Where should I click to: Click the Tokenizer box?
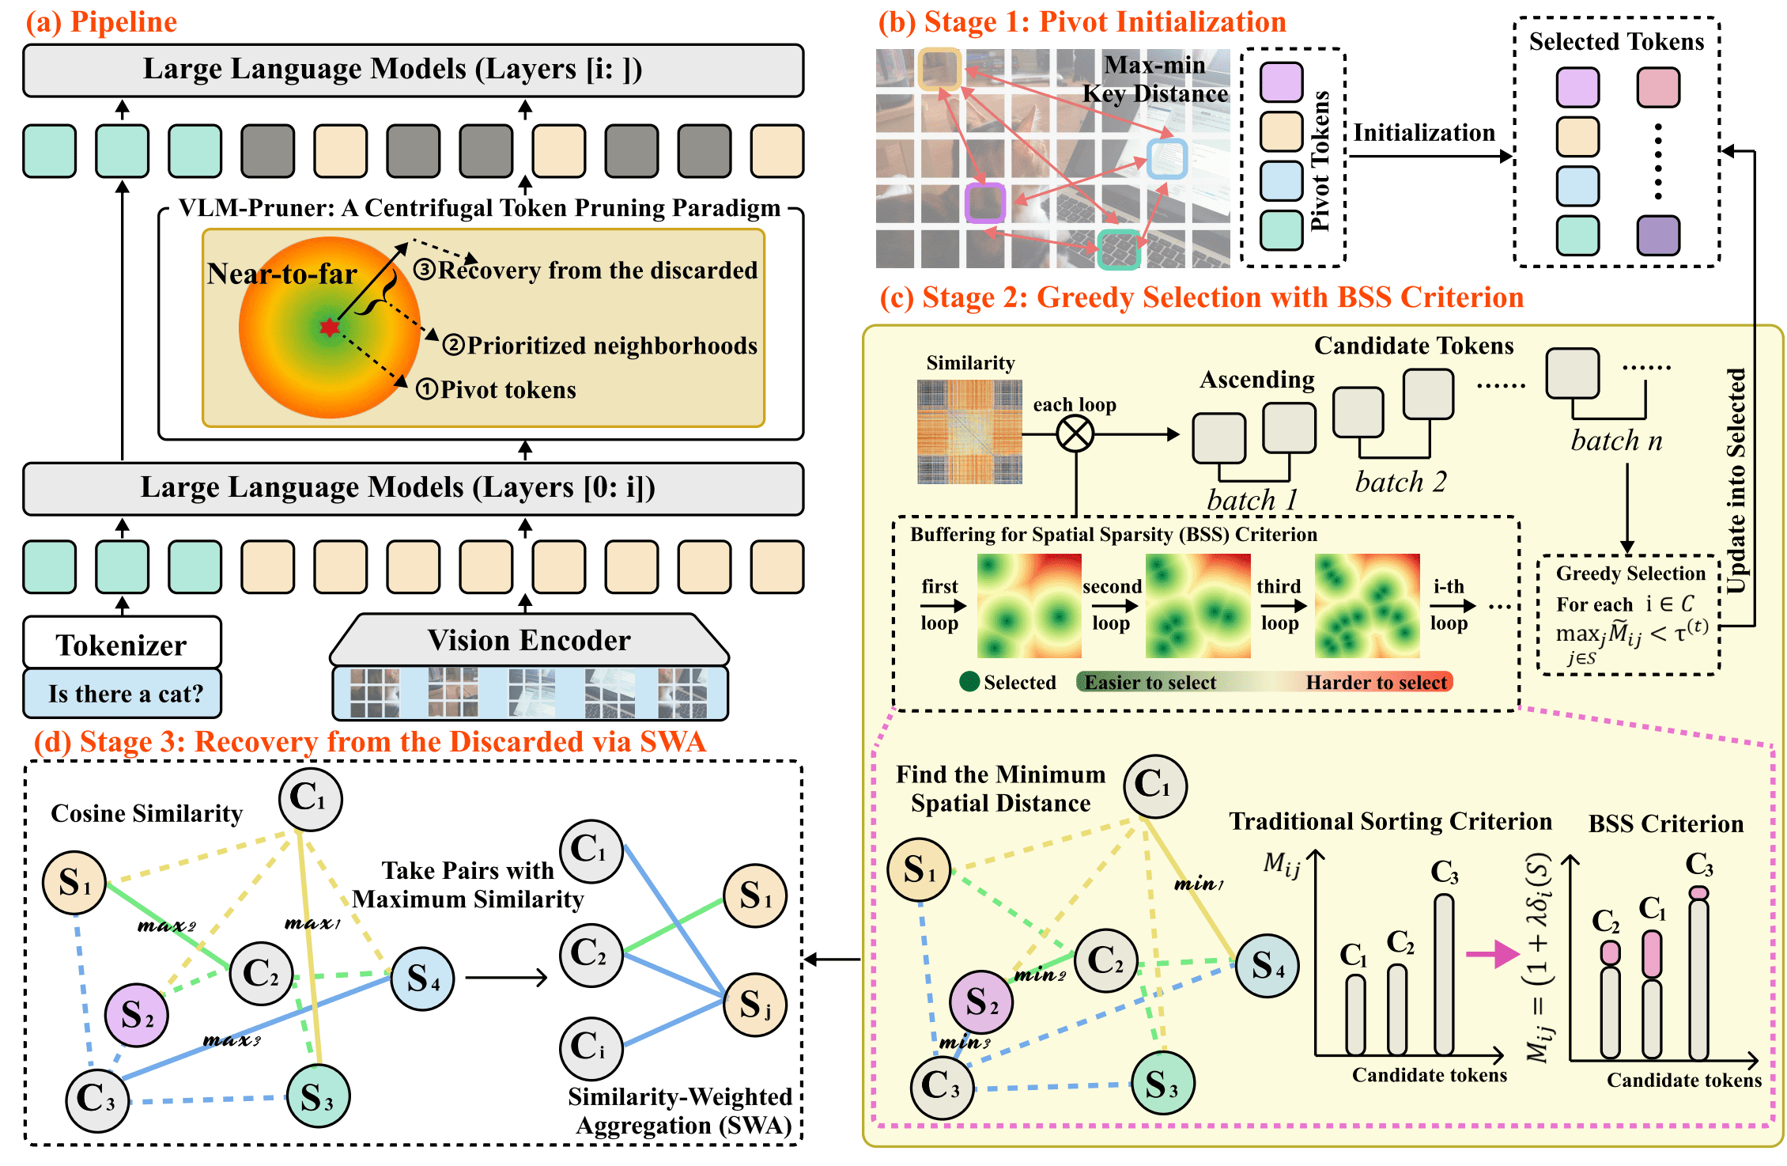pos(122,644)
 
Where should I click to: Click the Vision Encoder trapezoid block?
pos(528,640)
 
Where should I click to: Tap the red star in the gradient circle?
pos(330,327)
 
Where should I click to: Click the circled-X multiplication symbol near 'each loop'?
pos(1075,433)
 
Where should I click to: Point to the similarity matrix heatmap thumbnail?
pos(969,432)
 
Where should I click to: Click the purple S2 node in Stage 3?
pos(137,1015)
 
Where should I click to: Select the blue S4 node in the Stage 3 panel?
pos(423,979)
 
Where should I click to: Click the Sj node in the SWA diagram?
pos(755,1005)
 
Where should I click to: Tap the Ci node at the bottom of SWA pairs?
pos(591,1047)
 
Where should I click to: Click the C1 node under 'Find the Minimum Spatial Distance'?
pos(1155,786)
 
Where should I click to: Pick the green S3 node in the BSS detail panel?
pos(1162,1083)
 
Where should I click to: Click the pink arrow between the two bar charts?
pos(1492,954)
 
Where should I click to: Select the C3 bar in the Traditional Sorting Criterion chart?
pos(1444,975)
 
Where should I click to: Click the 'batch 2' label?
pos(1400,482)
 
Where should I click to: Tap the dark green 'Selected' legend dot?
pos(969,682)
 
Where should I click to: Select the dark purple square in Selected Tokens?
pos(1658,236)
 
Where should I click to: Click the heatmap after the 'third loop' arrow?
pos(1366,606)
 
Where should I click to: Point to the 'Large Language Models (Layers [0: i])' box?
pos(413,488)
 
